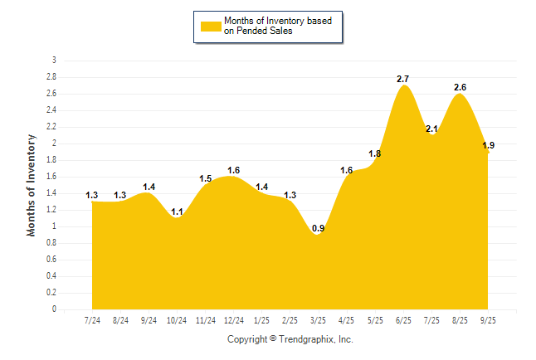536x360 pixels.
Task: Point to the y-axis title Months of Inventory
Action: (32, 185)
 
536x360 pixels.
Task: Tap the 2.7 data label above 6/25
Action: (403, 79)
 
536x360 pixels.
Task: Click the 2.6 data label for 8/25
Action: (460, 87)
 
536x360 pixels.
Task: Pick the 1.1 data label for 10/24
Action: (177, 212)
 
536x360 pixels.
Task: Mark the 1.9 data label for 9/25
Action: (488, 145)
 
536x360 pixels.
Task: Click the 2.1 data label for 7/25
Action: (431, 129)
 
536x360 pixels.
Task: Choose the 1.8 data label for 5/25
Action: (375, 153)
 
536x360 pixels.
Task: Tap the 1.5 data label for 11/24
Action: (205, 178)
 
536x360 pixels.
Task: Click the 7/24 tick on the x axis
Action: (92, 319)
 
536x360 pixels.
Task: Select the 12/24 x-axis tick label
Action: (233, 319)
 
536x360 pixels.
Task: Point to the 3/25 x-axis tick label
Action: (318, 319)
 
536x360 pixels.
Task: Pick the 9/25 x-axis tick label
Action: (488, 319)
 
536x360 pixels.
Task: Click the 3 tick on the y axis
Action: (55, 61)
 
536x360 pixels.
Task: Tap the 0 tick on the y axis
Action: (55, 309)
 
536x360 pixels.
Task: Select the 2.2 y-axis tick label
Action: (52, 127)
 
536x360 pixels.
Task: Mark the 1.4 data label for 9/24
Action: (149, 187)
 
